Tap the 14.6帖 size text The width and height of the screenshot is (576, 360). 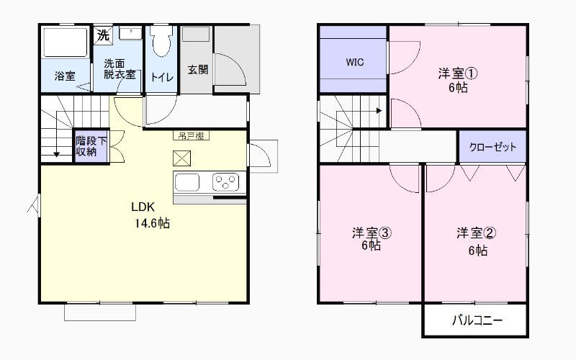click(151, 223)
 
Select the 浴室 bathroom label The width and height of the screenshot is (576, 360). click(65, 76)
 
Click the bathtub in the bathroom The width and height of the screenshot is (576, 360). click(65, 42)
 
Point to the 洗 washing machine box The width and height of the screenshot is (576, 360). click(103, 34)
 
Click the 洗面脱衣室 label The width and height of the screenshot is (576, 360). click(119, 68)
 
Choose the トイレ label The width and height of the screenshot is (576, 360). click(161, 76)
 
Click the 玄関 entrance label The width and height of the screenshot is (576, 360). click(198, 70)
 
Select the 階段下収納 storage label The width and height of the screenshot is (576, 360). click(91, 146)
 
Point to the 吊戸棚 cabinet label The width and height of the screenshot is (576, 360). click(191, 135)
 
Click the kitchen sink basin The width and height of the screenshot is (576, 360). click(186, 181)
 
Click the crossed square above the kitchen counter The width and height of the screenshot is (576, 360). click(181, 158)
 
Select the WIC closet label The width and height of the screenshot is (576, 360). click(354, 62)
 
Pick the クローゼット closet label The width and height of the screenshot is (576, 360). click(493, 147)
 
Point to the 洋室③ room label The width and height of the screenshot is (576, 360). click(372, 233)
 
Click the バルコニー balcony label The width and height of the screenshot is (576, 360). click(477, 320)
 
